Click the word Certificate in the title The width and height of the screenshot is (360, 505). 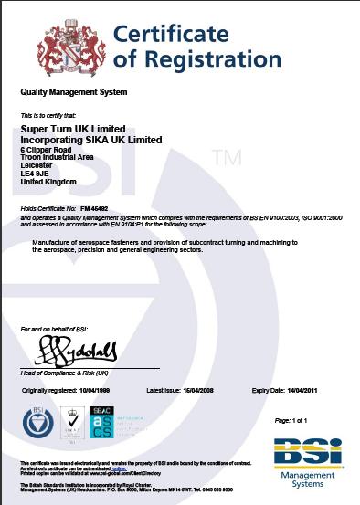point(170,36)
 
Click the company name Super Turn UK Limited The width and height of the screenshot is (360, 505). point(73,130)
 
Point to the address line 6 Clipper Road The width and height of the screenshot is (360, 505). point(46,149)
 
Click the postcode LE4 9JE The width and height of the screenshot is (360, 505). point(34,174)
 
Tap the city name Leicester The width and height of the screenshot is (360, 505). point(37,165)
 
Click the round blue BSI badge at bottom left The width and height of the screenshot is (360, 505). point(36,423)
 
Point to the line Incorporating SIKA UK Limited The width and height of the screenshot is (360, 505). point(90,140)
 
